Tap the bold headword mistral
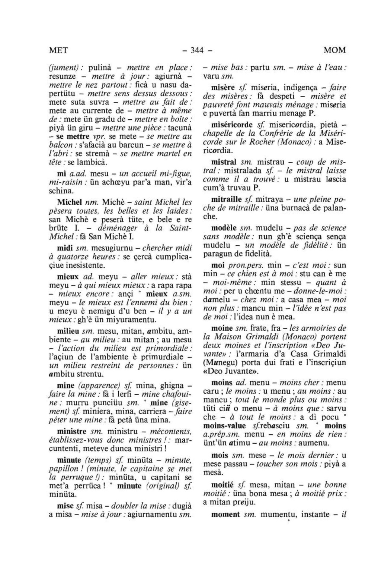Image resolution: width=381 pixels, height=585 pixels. pos(223,162)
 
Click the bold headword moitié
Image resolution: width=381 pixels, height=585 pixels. pos(222,485)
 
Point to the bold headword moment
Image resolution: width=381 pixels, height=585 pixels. pos(225,515)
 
